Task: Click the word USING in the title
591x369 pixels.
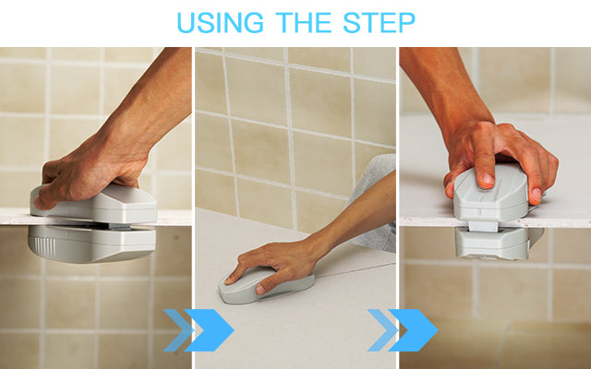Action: click(220, 22)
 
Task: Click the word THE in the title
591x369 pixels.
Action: click(304, 22)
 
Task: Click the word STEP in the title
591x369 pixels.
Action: click(380, 22)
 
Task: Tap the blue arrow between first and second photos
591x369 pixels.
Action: click(199, 330)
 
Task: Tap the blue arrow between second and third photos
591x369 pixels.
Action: click(403, 330)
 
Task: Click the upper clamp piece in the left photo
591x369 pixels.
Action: click(94, 205)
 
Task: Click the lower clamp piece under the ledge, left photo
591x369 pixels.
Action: click(91, 244)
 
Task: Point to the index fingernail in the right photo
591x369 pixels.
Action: click(488, 181)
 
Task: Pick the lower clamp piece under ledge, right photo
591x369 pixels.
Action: click(493, 244)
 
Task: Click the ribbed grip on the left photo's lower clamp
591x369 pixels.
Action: click(43, 245)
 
